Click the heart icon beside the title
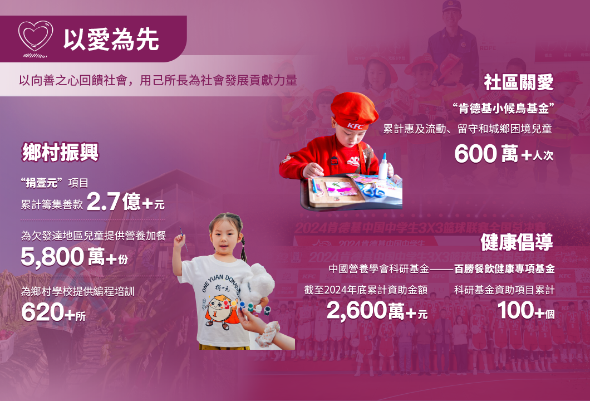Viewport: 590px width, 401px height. tap(36, 37)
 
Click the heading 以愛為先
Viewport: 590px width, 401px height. tap(111, 40)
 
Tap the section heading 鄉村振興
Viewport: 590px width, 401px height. tap(60, 153)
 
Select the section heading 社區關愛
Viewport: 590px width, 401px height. tap(519, 82)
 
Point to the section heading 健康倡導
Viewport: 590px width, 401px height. tap(517, 242)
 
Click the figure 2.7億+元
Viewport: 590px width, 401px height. tap(125, 202)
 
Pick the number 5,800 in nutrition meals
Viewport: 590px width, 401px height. tap(52, 257)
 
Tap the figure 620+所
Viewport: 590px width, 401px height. tap(53, 312)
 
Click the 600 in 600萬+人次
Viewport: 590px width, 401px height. tap(475, 154)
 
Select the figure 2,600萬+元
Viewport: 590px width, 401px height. tap(377, 311)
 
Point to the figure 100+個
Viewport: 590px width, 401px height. tap(526, 311)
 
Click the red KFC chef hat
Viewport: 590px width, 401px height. tap(353, 111)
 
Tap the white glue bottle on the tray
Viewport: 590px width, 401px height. tap(383, 167)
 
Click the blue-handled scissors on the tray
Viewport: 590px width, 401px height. tap(373, 192)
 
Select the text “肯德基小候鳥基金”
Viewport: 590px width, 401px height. tap(504, 109)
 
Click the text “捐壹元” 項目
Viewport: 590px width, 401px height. tap(55, 183)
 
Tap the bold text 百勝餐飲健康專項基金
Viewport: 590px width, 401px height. tap(504, 269)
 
